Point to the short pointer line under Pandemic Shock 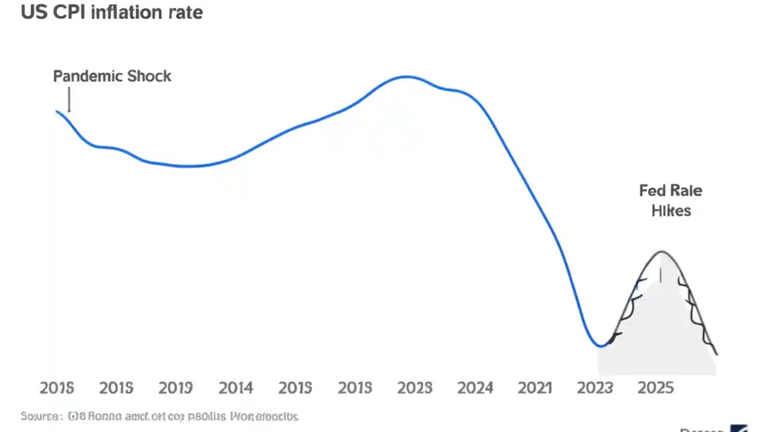69,100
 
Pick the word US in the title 32,12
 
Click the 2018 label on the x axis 56,388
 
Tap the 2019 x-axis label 175,388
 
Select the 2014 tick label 235,388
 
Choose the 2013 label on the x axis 355,388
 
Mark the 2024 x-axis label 475,388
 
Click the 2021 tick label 534,388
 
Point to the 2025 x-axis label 655,388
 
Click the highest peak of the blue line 406,76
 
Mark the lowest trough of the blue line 600,346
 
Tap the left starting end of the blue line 57,111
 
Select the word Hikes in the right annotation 671,211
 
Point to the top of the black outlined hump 662,251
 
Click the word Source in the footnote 40,416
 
